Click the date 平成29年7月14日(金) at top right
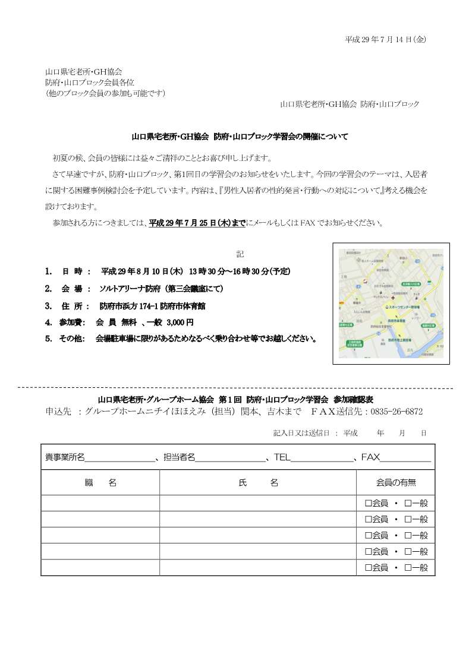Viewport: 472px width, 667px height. coord(385,39)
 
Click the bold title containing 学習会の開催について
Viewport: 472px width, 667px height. coord(240,137)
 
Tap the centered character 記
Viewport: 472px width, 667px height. coord(240,254)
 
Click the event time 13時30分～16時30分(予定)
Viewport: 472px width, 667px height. coord(240,271)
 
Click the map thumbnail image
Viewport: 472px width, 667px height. coord(391,304)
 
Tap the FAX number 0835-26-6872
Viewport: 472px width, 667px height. coord(397,411)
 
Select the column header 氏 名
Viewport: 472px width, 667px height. coord(258,483)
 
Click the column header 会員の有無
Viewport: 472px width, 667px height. coord(397,483)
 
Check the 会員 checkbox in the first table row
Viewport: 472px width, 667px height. coord(369,503)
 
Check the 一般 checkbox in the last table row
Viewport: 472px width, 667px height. coord(408,568)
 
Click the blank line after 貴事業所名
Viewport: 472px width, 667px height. coord(119,458)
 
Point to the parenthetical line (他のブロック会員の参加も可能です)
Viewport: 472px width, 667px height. coord(105,93)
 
